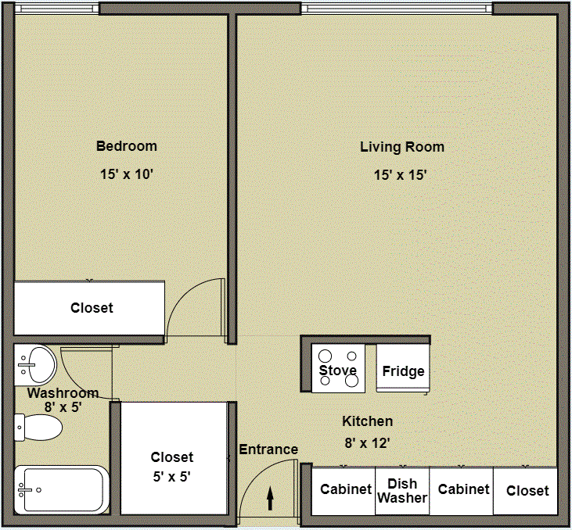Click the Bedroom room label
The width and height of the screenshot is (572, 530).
(x=126, y=146)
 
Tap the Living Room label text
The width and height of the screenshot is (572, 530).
(x=401, y=147)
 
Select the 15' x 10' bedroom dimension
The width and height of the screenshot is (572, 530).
(x=126, y=175)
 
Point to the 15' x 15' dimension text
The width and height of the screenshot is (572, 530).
(x=400, y=175)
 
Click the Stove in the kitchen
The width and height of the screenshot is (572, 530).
(x=338, y=368)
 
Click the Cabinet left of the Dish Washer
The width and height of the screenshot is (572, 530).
(x=345, y=491)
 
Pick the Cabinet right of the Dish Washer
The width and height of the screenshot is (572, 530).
(x=463, y=491)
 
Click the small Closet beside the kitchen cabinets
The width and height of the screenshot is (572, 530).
(x=527, y=491)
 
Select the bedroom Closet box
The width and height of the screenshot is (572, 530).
(x=91, y=308)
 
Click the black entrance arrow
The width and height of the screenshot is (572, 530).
(x=271, y=498)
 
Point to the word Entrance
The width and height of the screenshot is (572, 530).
(x=268, y=449)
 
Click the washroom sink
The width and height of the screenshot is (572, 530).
(x=36, y=363)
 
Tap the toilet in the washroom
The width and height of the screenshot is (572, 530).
(x=38, y=428)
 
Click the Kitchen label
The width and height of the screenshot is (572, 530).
(x=367, y=422)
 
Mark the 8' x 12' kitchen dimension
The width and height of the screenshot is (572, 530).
(x=367, y=443)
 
